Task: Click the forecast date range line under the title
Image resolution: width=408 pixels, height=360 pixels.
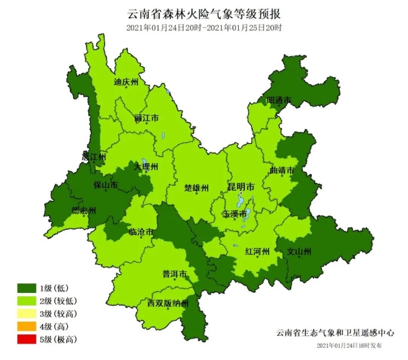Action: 204,28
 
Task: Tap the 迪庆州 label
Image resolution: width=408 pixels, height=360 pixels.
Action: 126,82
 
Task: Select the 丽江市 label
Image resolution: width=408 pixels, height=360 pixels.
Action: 146,117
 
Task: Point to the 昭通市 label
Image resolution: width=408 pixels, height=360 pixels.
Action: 278,100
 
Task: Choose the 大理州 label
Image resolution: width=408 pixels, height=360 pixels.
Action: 146,166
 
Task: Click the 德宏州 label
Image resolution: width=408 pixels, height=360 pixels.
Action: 84,211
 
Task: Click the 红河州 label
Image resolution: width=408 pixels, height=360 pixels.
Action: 257,251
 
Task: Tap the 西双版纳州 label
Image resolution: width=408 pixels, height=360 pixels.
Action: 168,303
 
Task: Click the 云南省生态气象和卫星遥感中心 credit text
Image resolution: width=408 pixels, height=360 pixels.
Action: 336,333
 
